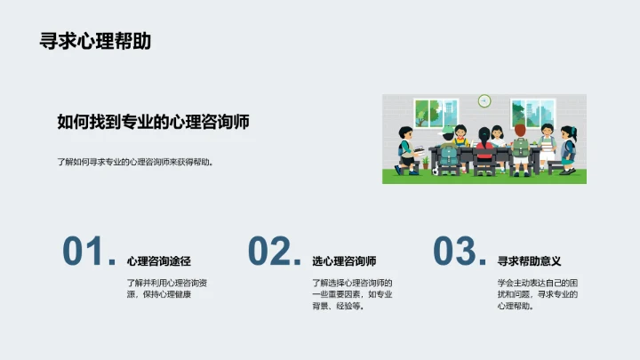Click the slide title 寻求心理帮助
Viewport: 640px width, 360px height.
click(x=95, y=41)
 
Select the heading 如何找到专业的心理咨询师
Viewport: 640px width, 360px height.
click(x=153, y=123)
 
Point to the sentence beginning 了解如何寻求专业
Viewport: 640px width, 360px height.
click(x=136, y=163)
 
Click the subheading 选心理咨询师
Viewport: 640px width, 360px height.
click(x=344, y=261)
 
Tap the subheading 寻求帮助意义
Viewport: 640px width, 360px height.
click(x=530, y=261)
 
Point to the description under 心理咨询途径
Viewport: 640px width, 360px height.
click(x=167, y=288)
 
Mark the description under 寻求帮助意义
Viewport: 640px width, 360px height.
click(x=538, y=294)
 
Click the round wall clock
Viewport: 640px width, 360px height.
click(x=484, y=100)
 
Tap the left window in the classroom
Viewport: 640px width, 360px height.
click(x=436, y=114)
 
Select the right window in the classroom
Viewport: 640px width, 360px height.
click(x=532, y=114)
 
